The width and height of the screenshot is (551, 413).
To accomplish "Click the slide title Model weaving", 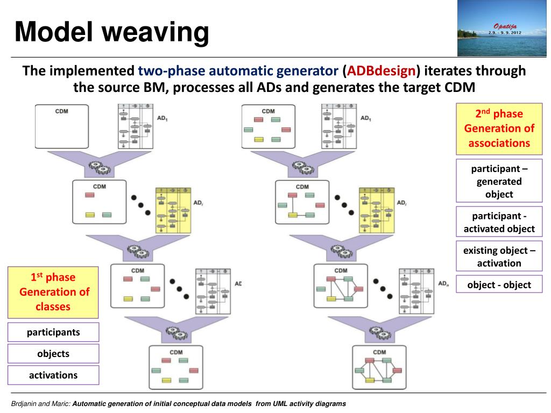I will (111, 32).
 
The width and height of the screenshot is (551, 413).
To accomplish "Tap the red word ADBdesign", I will (381, 71).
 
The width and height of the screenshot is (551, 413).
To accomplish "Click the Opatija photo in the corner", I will (502, 28).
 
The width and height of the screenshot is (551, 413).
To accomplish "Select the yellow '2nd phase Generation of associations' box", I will (499, 129).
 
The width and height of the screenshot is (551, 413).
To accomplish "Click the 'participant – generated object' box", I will (499, 181).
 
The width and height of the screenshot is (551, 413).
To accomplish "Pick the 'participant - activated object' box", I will (499, 222).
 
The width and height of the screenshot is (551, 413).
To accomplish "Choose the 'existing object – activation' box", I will (499, 257).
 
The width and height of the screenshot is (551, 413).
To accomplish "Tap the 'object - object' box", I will (499, 285).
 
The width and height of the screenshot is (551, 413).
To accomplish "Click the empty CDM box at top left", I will (62, 127).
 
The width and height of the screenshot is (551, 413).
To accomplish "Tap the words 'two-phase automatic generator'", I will (238, 71).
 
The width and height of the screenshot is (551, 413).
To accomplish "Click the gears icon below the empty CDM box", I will (100, 167).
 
